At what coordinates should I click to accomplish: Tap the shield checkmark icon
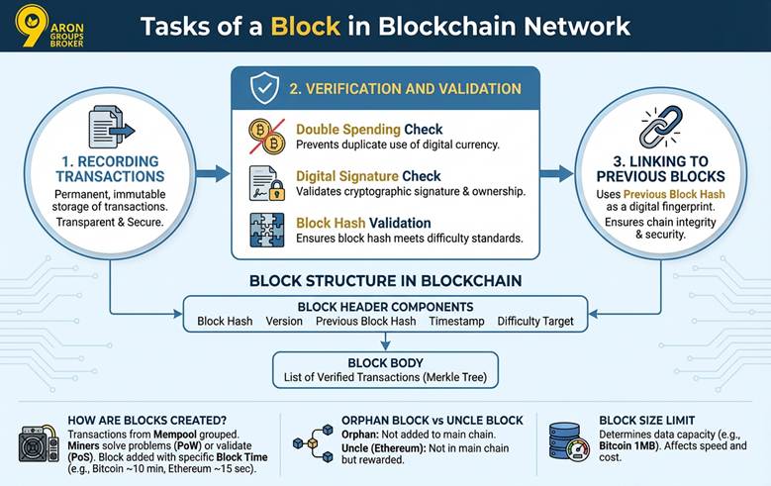point(263,90)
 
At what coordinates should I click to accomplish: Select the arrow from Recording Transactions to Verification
point(212,174)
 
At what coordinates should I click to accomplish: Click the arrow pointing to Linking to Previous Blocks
point(558,174)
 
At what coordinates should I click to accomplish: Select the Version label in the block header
point(284,322)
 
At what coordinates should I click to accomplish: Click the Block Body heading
point(385,362)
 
